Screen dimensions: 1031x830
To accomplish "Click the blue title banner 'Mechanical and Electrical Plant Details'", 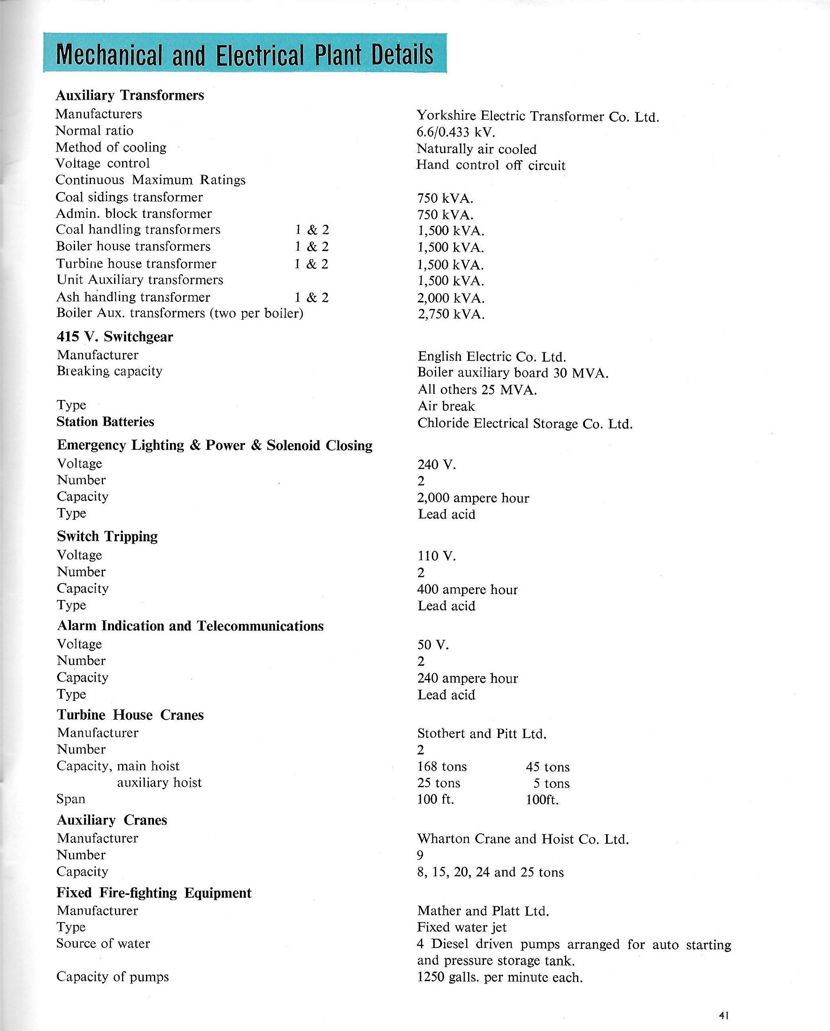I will pyautogui.click(x=245, y=54).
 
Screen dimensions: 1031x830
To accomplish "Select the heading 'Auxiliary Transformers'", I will pyautogui.click(x=130, y=96).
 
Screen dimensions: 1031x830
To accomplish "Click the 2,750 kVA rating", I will pyautogui.click(x=451, y=314).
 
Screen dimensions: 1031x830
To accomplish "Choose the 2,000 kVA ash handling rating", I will pyautogui.click(x=451, y=298).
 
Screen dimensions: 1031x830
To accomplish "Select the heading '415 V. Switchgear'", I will pyautogui.click(x=115, y=337).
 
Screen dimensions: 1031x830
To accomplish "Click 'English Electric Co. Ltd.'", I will pyautogui.click(x=492, y=357).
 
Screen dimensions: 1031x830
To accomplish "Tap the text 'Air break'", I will pyautogui.click(x=446, y=407).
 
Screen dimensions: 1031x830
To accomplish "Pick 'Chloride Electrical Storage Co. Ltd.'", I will pyautogui.click(x=524, y=423).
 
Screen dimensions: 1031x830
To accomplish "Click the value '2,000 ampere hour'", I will pyautogui.click(x=473, y=498).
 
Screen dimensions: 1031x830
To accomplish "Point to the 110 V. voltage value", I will pyautogui.click(x=436, y=556).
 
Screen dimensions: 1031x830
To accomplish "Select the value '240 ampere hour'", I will pyautogui.click(x=467, y=678).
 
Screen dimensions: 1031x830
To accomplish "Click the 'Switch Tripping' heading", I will pyautogui.click(x=107, y=536).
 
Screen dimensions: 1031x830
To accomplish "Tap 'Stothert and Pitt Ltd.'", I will pyautogui.click(x=482, y=733).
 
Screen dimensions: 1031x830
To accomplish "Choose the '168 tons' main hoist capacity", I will pyautogui.click(x=441, y=767).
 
